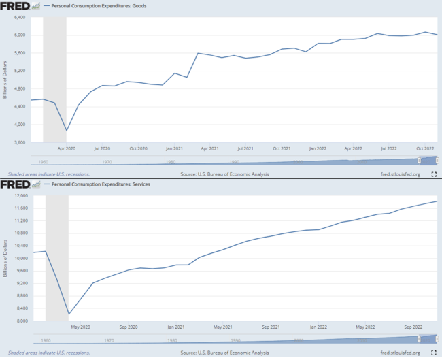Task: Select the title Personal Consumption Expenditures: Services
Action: pos(106,185)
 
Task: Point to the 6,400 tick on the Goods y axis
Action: pos(17,18)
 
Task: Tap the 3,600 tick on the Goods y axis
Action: pos(17,142)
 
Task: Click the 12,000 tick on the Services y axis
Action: pos(16,196)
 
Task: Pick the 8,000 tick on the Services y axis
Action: pos(17,321)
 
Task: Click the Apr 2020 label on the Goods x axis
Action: pos(66,148)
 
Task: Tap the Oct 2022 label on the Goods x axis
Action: pos(424,148)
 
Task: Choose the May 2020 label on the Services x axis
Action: pos(80,327)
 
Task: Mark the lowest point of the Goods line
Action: pos(67,130)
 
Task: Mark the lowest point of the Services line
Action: pos(69,314)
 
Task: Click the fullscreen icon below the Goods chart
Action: pos(434,174)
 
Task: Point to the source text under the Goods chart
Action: pos(224,174)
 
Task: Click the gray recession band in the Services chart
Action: pos(56,259)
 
